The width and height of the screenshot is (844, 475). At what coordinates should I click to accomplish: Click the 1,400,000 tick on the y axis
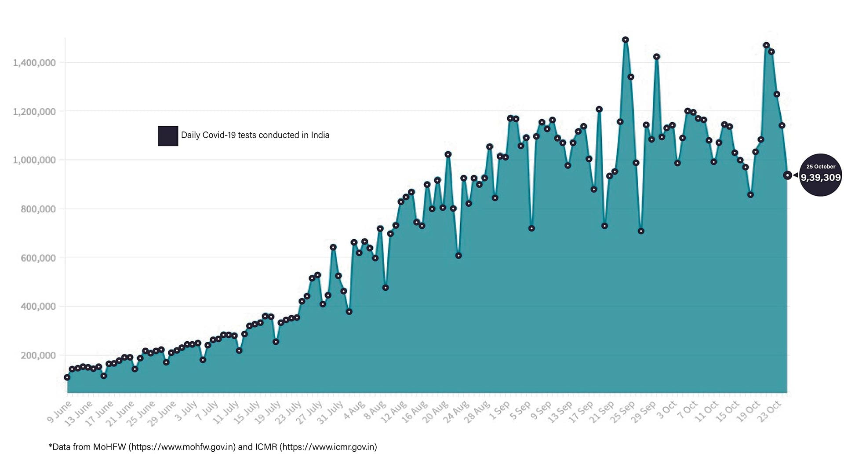pyautogui.click(x=34, y=63)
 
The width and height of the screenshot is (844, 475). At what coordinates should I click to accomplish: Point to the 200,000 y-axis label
pyautogui.click(x=38, y=355)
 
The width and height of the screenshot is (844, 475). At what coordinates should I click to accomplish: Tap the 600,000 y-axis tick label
pyautogui.click(x=38, y=258)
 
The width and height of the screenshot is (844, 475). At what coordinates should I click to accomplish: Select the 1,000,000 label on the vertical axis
pyautogui.click(x=34, y=160)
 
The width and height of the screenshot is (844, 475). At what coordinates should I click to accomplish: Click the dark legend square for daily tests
pyautogui.click(x=168, y=136)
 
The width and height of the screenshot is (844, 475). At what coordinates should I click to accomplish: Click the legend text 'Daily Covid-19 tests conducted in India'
pyautogui.click(x=255, y=135)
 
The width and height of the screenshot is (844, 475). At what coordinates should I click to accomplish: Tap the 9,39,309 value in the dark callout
pyautogui.click(x=820, y=178)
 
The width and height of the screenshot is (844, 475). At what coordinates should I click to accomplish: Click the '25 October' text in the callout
pyautogui.click(x=821, y=167)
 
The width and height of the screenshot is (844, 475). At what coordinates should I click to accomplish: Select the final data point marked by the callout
pyautogui.click(x=787, y=175)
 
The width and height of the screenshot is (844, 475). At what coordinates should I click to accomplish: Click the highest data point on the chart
pyautogui.click(x=625, y=40)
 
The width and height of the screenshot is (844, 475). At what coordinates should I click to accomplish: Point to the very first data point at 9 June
pyautogui.click(x=67, y=377)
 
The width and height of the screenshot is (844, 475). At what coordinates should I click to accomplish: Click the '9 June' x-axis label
pyautogui.click(x=59, y=412)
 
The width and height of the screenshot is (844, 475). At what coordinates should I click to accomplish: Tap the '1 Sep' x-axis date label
pyautogui.click(x=499, y=410)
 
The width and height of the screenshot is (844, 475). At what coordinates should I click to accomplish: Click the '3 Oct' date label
pyautogui.click(x=666, y=410)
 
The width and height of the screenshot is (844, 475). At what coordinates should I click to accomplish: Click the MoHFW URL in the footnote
pyautogui.click(x=182, y=447)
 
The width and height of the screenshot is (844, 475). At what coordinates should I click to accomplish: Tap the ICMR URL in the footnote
pyautogui.click(x=328, y=447)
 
